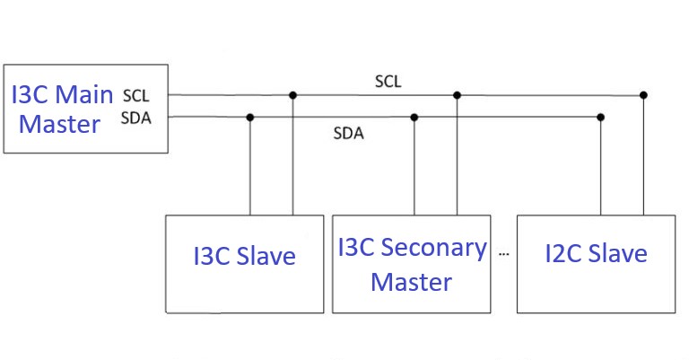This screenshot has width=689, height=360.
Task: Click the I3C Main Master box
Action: [x=85, y=109]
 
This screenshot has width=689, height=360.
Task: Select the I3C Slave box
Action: [x=244, y=263]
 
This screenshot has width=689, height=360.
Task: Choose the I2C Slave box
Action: [x=596, y=263]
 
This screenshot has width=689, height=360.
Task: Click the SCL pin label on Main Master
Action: [x=136, y=95]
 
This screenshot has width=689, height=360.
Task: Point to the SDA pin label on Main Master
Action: [x=136, y=118]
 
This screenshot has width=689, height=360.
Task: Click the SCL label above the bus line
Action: [x=388, y=82]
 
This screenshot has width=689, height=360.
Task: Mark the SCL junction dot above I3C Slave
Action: [x=292, y=94]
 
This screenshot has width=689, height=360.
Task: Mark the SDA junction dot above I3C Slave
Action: [x=249, y=117]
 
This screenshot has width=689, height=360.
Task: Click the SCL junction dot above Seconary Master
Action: [x=457, y=94]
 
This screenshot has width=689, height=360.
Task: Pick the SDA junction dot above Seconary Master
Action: [x=414, y=117]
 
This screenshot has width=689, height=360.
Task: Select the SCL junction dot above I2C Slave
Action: [x=643, y=94]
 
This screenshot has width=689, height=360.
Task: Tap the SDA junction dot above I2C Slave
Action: [x=600, y=117]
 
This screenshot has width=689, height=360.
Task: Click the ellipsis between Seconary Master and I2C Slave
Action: [x=503, y=255]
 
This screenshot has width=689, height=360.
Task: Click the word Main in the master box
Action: [x=87, y=93]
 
